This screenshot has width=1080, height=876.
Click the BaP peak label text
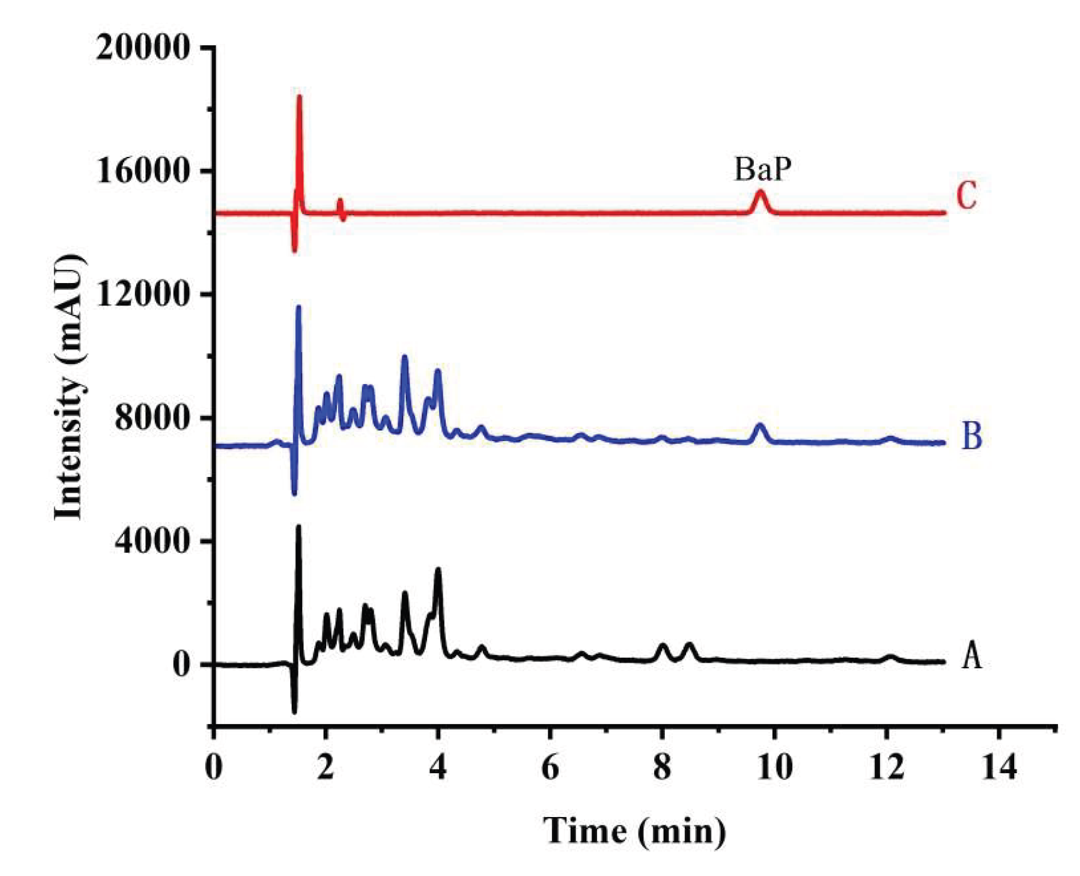coord(763,169)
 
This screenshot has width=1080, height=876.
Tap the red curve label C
coord(966,196)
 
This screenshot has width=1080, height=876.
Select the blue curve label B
coord(971,437)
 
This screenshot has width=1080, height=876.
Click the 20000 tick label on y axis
coord(143,48)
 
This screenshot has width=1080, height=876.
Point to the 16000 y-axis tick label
coord(143,171)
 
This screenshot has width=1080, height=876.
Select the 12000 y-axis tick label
coord(143,294)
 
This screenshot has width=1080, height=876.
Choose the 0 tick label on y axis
coord(181,665)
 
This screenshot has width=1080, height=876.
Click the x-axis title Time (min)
coord(634,831)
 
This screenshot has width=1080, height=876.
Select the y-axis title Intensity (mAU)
coord(68,387)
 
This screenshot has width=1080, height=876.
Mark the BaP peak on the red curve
coord(761,191)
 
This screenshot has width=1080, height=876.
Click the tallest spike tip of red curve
coord(299,97)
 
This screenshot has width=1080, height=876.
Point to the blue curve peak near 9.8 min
coord(761,425)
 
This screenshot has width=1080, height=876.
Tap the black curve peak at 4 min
coord(438,570)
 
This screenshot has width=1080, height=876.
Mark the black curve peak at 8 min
coord(662,646)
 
